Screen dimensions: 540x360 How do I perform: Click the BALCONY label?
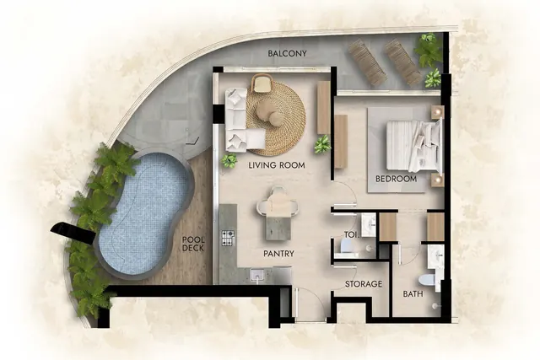point(287,54)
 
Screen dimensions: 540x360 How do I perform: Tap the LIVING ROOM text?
point(277,165)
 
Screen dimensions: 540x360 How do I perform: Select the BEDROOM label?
point(396,179)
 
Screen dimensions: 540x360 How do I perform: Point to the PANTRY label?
point(278,254)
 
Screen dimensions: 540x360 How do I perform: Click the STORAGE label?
point(364,284)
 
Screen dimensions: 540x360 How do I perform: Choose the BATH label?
point(413,294)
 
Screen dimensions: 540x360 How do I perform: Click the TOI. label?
point(352,235)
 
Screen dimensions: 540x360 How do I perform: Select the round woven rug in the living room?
point(276,116)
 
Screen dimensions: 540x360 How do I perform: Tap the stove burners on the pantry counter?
point(228,238)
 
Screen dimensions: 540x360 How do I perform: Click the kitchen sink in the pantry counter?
point(256,275)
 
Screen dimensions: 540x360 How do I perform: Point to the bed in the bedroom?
point(414,146)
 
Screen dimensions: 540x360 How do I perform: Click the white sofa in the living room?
point(241,120)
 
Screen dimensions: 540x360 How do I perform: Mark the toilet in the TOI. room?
point(345,245)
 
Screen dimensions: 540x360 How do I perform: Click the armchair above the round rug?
point(262,83)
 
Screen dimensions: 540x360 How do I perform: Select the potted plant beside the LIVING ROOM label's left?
point(229,160)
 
